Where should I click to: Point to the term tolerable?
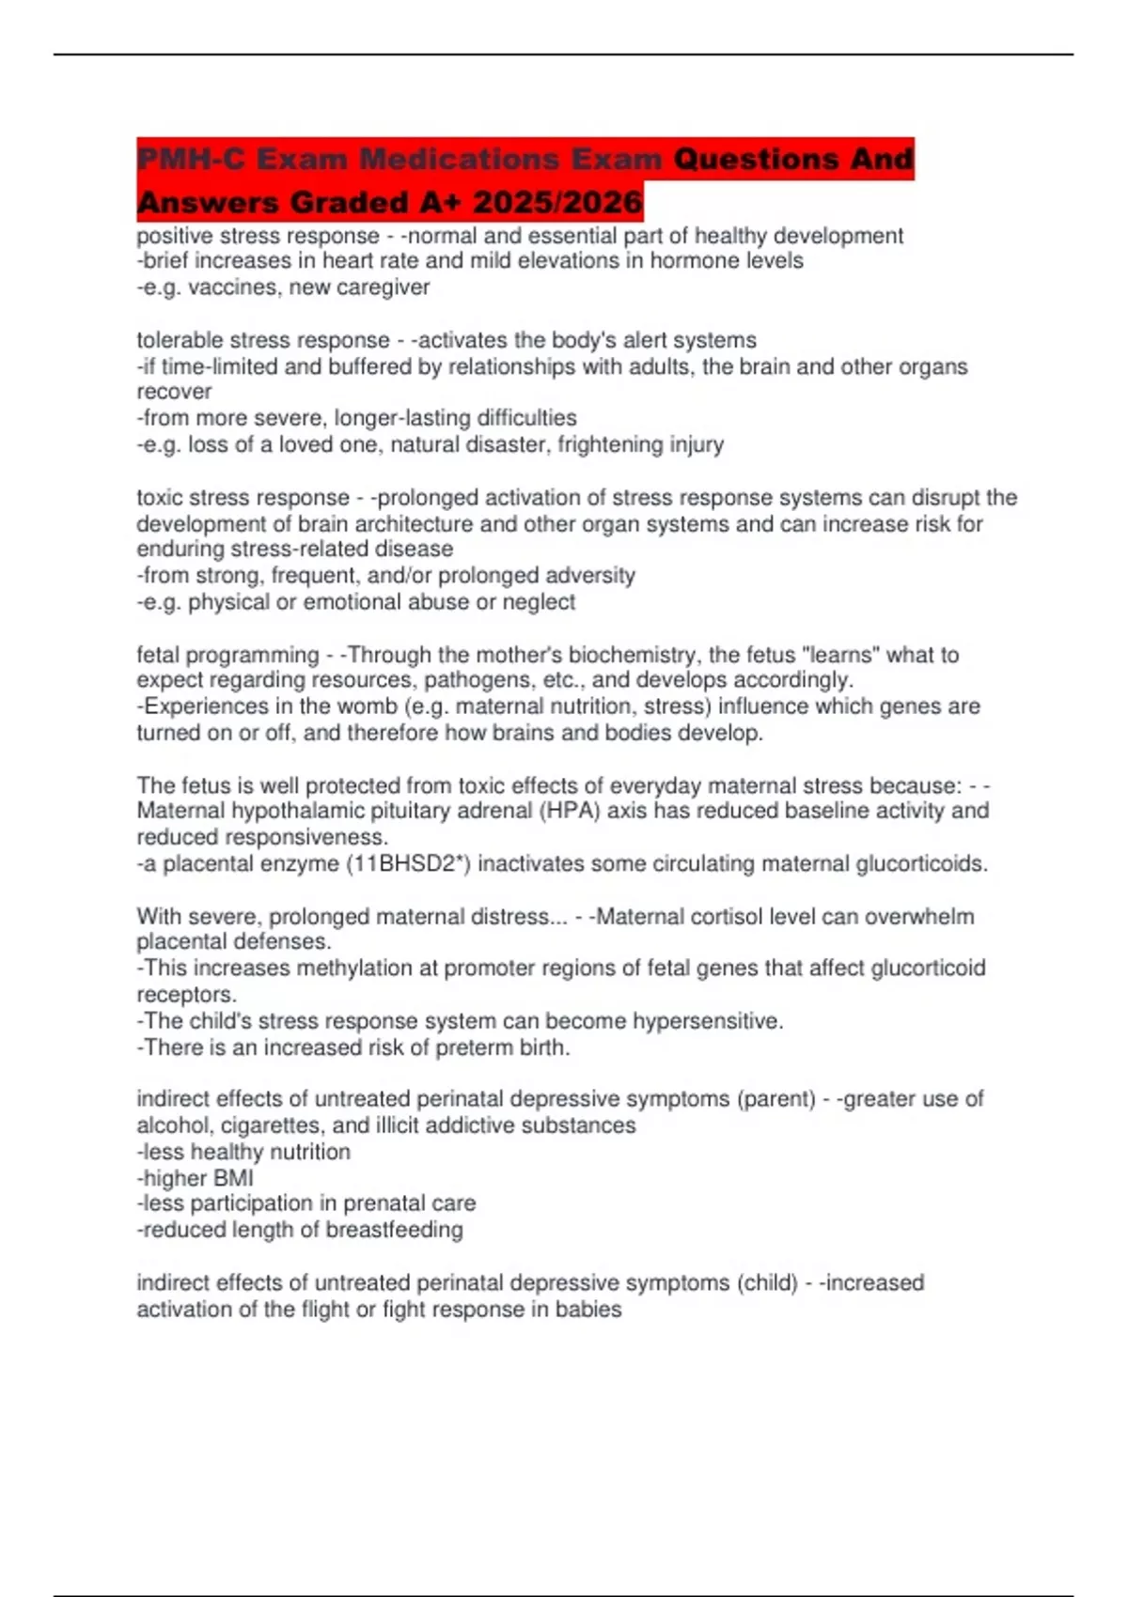181,340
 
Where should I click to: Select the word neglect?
539,601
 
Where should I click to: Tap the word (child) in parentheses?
767,1282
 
